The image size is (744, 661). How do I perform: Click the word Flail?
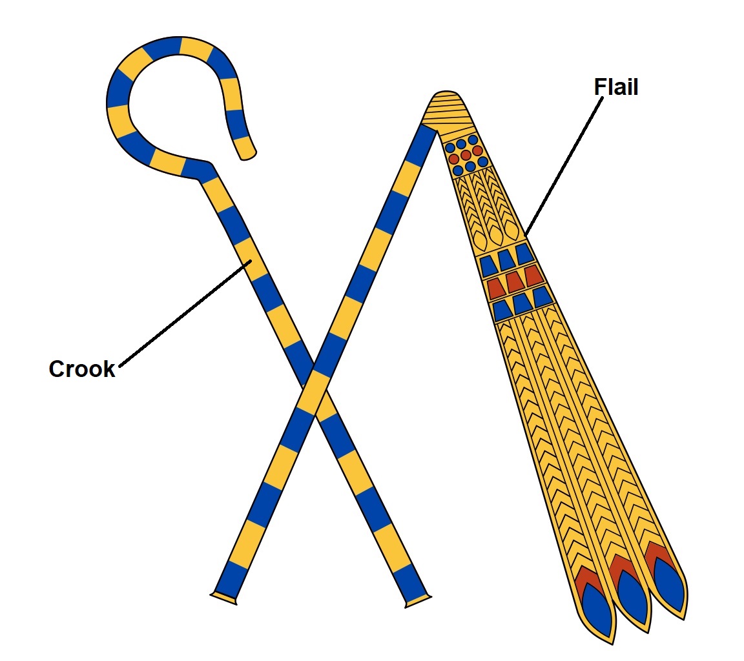click(615, 87)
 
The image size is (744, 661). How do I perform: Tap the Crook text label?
click(82, 369)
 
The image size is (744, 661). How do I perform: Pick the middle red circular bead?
click(466, 155)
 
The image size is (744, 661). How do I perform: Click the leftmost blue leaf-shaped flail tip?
click(597, 610)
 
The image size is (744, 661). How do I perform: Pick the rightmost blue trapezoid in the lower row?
click(541, 296)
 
